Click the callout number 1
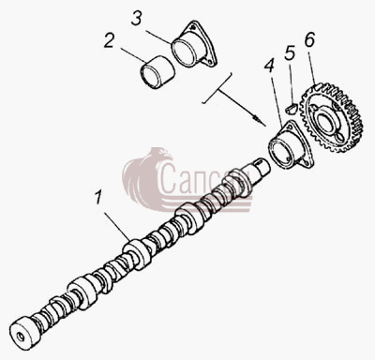click(98, 198)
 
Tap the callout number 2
click(109, 40)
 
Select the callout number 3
click(136, 19)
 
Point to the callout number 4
click(269, 66)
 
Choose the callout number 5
click(290, 53)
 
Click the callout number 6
click(309, 39)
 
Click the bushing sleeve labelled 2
click(157, 72)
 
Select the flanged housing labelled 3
click(194, 45)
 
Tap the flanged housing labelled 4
click(292, 145)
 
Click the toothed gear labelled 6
click(331, 118)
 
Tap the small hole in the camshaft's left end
click(21, 337)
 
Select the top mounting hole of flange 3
click(195, 26)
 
